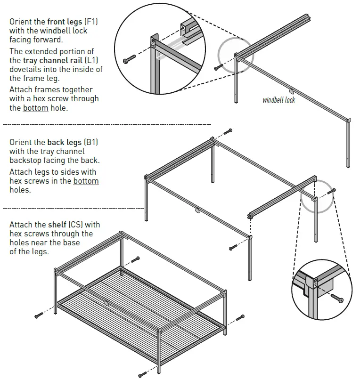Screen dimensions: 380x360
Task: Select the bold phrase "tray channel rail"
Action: (x=52, y=60)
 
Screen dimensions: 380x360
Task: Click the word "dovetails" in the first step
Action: (x=26, y=70)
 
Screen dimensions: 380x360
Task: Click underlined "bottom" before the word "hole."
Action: (x=35, y=108)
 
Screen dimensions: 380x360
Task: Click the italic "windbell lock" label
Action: (x=279, y=100)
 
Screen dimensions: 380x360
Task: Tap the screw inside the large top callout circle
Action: (x=129, y=60)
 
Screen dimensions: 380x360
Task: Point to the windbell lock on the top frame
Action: (x=292, y=90)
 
